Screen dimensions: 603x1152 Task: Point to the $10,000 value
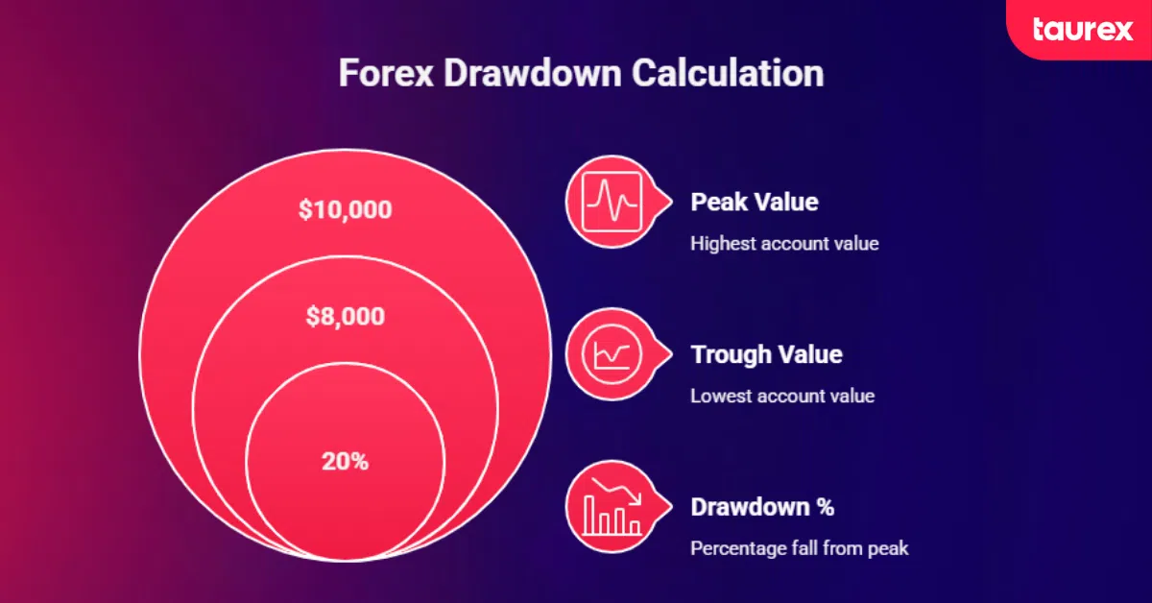(345, 209)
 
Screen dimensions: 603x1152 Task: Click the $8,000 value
(345, 316)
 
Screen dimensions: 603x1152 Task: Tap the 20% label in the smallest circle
(345, 461)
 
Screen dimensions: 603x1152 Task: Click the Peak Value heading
(755, 203)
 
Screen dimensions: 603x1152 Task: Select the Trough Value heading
(766, 354)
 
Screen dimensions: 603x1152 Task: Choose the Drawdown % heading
(762, 507)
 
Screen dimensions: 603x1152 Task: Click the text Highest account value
(784, 244)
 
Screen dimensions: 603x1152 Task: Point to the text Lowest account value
(782, 396)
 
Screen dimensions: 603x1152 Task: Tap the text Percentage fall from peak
(799, 548)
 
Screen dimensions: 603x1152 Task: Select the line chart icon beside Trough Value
(612, 353)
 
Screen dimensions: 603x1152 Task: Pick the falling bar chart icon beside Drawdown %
(613, 506)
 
